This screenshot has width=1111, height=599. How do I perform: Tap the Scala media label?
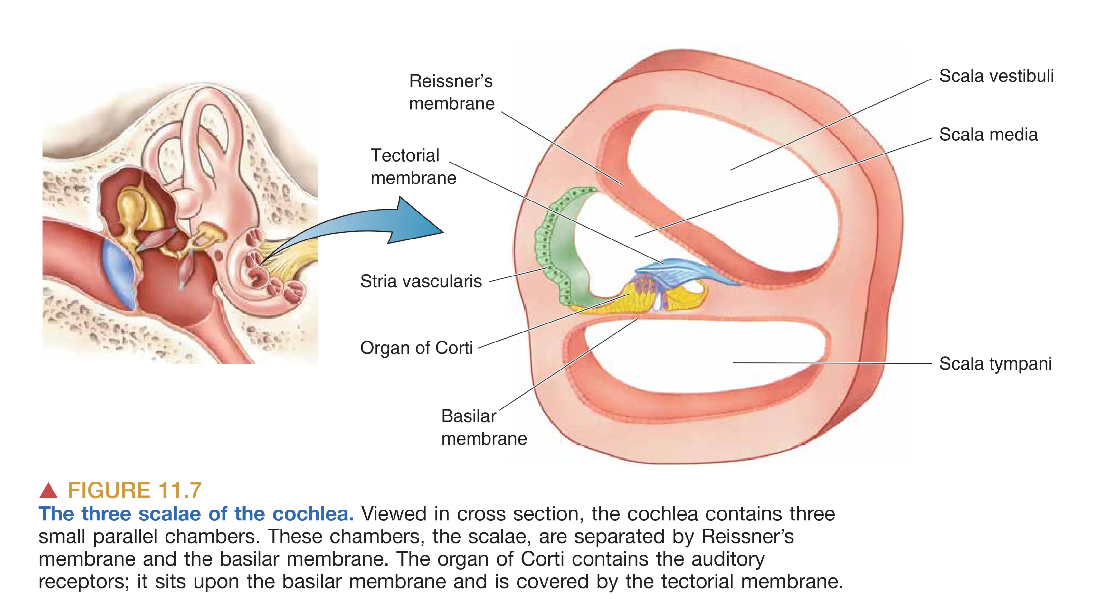click(x=988, y=135)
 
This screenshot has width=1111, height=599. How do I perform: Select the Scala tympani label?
click(x=995, y=364)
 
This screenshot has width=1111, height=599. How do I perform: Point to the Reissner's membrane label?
click(x=451, y=92)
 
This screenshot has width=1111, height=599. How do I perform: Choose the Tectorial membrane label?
click(x=413, y=167)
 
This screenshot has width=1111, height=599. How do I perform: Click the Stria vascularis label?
click(x=421, y=281)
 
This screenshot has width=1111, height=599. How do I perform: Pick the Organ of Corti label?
click(x=416, y=348)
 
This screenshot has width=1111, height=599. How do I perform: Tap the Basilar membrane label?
click(x=483, y=427)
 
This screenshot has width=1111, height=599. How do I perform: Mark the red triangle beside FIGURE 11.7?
click(x=48, y=491)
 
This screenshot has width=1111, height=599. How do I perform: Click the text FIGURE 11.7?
click(x=135, y=491)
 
